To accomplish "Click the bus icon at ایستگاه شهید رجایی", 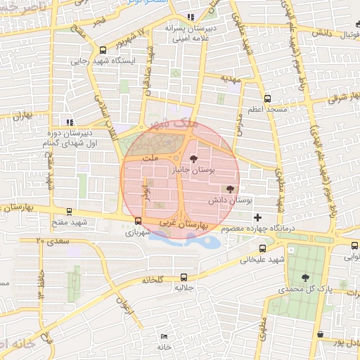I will (103, 50).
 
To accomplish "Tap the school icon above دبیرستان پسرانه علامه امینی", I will (190, 18).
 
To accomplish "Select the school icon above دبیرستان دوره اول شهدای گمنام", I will (69, 121).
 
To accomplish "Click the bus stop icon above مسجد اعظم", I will (267, 99).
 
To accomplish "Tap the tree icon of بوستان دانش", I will (230, 188).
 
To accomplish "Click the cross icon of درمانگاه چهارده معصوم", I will (257, 217).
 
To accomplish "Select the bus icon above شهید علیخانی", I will (262, 248).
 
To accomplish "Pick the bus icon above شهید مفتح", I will (69, 211).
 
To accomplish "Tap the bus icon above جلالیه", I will (184, 277).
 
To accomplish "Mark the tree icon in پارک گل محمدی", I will (304, 277).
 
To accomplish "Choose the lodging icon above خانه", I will (164, 337).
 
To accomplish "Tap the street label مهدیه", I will (231, 78).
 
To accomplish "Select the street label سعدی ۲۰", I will (49, 241).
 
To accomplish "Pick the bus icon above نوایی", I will (354, 245).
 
